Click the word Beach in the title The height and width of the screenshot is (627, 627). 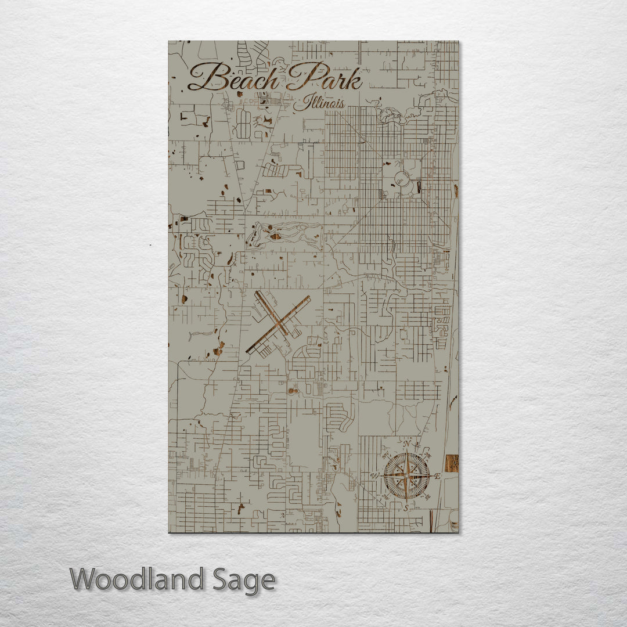[232, 78]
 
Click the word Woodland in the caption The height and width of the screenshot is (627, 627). [137, 579]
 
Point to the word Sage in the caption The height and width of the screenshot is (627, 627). [243, 581]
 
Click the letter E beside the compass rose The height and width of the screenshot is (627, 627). [437, 476]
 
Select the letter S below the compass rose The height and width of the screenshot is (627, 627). [406, 507]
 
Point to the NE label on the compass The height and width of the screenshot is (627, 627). [428, 453]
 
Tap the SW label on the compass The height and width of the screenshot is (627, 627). [385, 498]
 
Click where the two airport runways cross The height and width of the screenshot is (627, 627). [278, 324]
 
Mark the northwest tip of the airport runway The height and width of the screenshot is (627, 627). [256, 293]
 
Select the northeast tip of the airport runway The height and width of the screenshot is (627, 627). [308, 298]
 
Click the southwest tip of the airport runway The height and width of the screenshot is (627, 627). [248, 352]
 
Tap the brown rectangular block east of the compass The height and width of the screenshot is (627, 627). [452, 463]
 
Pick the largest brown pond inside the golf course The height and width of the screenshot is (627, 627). [275, 236]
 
